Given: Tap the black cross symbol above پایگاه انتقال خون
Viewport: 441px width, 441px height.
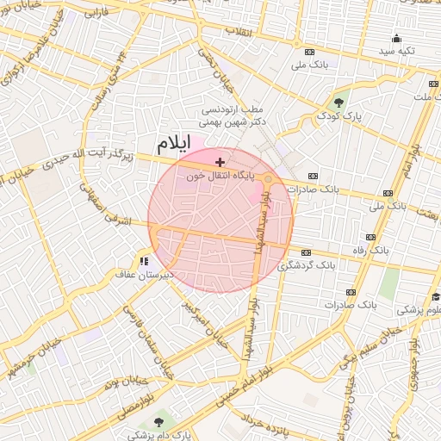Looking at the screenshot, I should click(x=220, y=161).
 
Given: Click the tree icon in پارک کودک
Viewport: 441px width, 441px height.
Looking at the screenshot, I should click(x=339, y=102).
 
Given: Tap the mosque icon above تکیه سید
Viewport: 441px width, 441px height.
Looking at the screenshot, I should click(x=396, y=38).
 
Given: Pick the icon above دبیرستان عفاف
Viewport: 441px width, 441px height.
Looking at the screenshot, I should click(x=144, y=260).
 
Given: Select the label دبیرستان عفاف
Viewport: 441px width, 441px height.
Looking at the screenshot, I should click(x=145, y=274).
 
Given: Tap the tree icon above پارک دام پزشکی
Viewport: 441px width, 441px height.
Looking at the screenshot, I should click(x=158, y=421).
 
